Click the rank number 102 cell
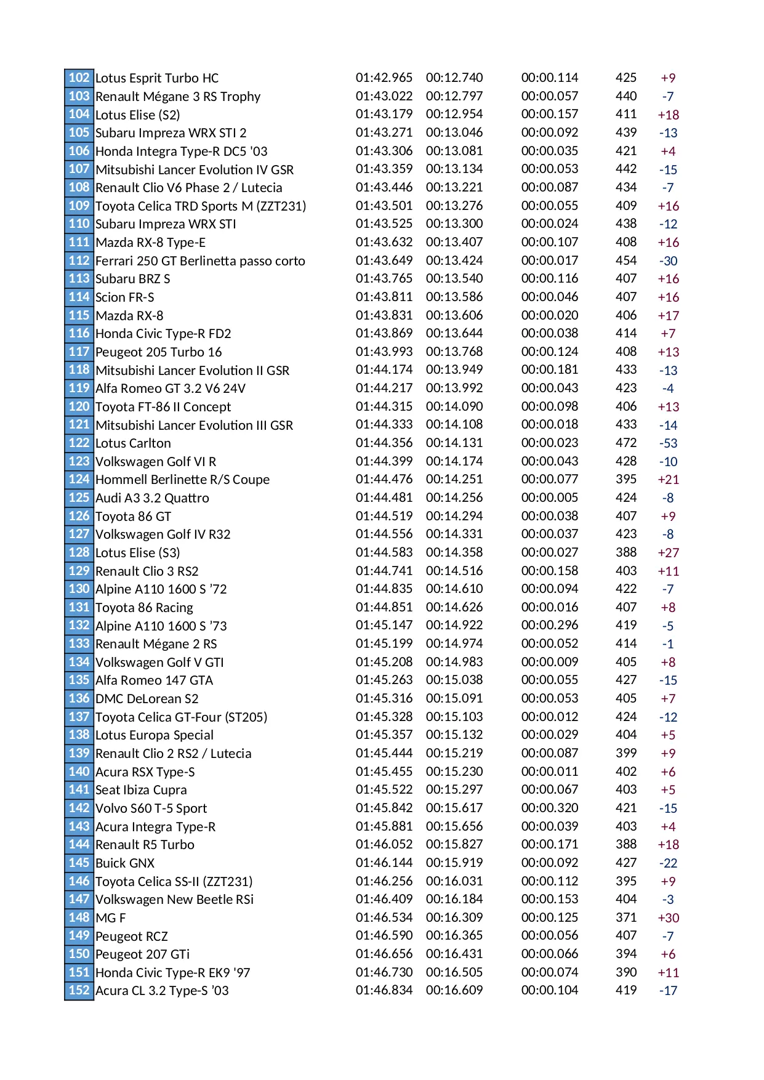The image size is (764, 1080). (79, 78)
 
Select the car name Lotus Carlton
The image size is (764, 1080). (133, 443)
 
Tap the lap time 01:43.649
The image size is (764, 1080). (384, 260)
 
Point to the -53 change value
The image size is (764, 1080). (668, 443)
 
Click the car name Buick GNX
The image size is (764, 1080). (125, 863)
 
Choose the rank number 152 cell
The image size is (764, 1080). (79, 991)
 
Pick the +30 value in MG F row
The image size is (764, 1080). (668, 918)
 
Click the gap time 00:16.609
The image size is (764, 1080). (454, 991)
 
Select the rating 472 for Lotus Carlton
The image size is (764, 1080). (626, 443)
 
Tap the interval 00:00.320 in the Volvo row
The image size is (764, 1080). (550, 808)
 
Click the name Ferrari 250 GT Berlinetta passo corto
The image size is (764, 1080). (200, 261)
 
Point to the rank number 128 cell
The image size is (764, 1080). (79, 553)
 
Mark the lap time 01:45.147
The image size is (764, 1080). (384, 626)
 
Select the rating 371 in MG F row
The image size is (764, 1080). (626, 917)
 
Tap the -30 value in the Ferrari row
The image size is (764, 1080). (668, 261)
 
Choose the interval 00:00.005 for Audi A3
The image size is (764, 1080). (550, 498)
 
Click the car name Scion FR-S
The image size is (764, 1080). (125, 297)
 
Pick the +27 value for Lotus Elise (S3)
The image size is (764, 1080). (668, 553)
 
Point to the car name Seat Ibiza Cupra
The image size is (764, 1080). (141, 790)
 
